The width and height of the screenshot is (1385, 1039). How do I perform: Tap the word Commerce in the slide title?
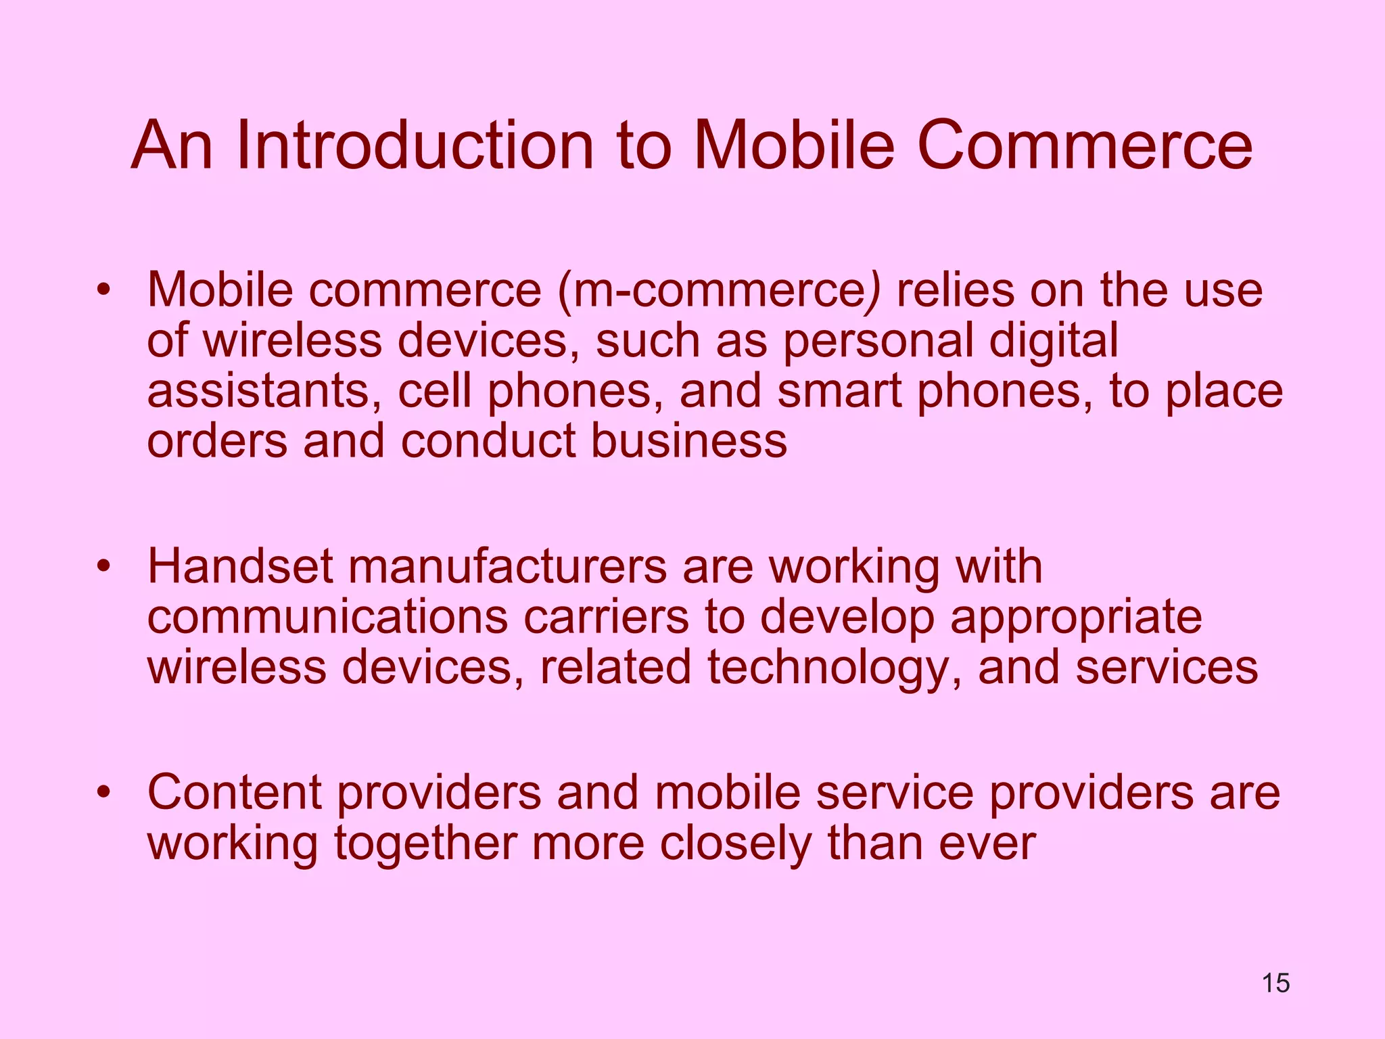click(1084, 145)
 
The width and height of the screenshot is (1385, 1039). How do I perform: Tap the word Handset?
click(240, 566)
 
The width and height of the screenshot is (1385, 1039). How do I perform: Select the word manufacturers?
click(507, 566)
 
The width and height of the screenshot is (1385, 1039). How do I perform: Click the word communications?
click(327, 617)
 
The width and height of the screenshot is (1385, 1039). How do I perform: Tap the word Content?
click(235, 792)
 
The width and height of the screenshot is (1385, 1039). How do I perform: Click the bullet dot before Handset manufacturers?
click(103, 566)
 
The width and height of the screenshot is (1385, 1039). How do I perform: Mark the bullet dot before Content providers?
click(103, 792)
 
